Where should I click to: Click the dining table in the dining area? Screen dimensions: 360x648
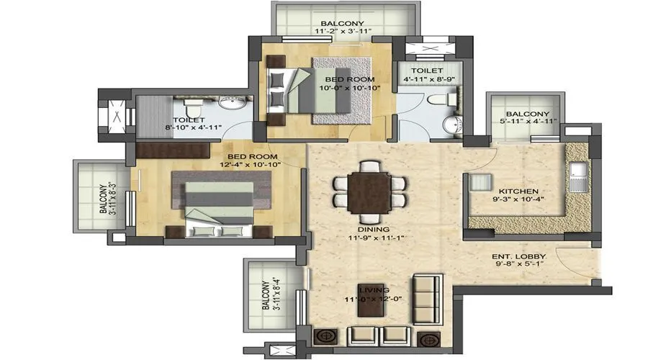click(369, 190)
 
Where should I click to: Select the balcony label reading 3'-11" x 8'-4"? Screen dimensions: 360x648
click(269, 295)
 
